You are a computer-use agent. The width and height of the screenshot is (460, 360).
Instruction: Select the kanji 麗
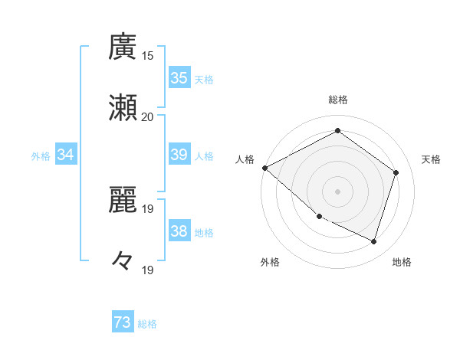pos(123,201)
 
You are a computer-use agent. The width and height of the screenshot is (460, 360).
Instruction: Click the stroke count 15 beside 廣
pos(148,56)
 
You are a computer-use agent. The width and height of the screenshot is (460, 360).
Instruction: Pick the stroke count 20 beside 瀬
pos(148,116)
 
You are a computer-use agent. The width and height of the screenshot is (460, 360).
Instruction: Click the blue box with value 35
pos(179,78)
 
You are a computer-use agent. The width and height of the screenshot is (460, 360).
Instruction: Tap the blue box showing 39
pos(179,155)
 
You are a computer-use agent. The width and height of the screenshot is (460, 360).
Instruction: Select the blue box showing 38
pos(179,231)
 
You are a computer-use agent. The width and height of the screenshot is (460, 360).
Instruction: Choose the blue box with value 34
pos(66,155)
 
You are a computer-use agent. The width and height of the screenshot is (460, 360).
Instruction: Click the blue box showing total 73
pos(123,323)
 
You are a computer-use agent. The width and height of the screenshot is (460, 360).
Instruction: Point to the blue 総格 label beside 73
pos(147,324)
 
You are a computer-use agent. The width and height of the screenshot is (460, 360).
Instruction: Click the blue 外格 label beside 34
pos(41,155)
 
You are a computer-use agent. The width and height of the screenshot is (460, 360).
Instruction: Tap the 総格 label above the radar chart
pos(337,100)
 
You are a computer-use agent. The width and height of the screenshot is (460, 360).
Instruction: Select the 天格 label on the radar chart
pos(431,159)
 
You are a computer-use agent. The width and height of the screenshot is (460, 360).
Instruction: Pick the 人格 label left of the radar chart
pos(245,159)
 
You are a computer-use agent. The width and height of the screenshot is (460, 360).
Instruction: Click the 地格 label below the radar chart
pos(402,262)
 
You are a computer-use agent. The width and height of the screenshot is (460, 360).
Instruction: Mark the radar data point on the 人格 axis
pos(264,168)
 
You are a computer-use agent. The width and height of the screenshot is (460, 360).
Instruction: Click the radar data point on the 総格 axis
pos(337,131)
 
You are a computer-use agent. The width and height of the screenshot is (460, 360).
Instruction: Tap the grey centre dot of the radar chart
pos(337,191)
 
